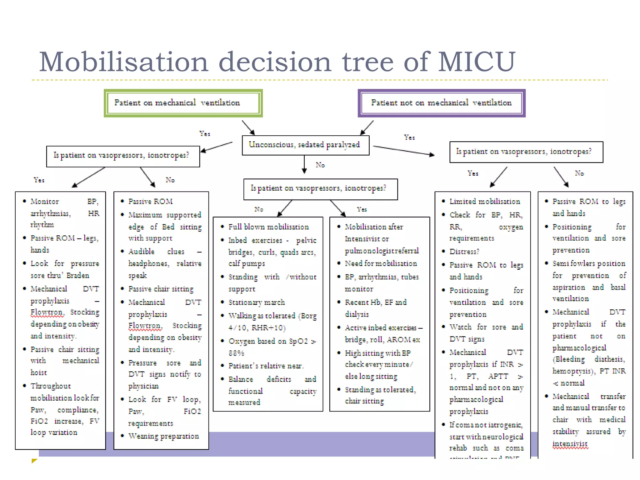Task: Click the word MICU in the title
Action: click(x=476, y=62)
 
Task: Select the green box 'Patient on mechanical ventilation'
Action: click(x=183, y=103)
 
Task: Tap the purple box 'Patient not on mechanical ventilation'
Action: click(x=441, y=103)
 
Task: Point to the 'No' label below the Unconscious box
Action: click(x=320, y=165)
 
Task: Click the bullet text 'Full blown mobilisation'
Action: click(x=268, y=227)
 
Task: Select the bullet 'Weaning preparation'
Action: click(x=163, y=436)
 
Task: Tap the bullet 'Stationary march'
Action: click(x=257, y=302)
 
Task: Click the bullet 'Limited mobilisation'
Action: click(x=485, y=202)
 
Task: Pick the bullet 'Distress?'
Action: click(x=464, y=252)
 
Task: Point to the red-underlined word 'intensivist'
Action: click(x=570, y=444)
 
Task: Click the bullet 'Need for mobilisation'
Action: click(x=381, y=264)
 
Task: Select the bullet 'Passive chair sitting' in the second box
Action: click(x=161, y=289)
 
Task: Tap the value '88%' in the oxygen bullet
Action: click(x=236, y=353)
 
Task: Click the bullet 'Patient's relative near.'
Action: click(x=266, y=366)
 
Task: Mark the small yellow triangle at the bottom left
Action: click(x=34, y=461)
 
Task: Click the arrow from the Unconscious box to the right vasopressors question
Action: click(x=403, y=151)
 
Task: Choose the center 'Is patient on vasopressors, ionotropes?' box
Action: click(x=320, y=189)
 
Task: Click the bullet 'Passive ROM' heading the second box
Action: click(x=150, y=202)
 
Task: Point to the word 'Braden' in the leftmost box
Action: click(x=77, y=276)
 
